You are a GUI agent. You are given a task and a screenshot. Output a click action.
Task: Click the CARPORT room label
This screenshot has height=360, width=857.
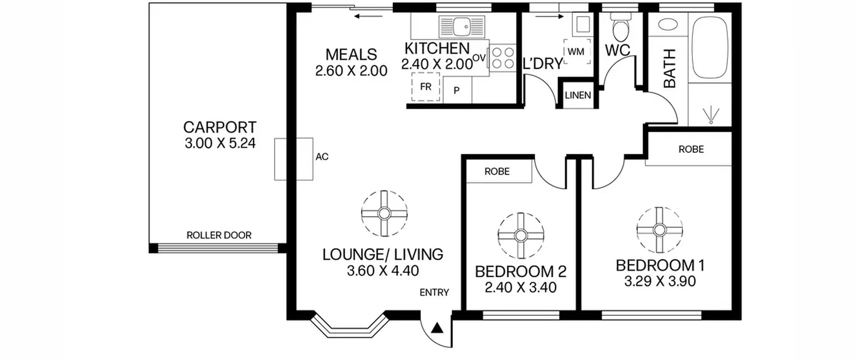(220, 127)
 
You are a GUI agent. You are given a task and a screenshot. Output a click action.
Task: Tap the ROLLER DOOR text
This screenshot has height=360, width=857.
(219, 235)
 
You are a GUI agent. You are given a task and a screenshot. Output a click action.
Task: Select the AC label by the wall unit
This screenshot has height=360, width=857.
(322, 157)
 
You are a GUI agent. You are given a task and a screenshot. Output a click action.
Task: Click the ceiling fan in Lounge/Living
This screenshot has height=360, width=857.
(384, 213)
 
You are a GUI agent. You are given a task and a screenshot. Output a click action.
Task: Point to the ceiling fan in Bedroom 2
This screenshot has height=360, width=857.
(521, 236)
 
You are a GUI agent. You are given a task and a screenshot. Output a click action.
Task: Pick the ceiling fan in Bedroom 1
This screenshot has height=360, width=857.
(659, 230)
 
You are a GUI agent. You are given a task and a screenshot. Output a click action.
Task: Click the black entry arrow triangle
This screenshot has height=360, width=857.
(437, 328)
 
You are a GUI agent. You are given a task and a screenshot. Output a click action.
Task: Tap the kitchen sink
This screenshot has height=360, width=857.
(462, 27)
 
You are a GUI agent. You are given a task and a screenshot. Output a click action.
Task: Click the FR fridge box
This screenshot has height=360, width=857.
(425, 87)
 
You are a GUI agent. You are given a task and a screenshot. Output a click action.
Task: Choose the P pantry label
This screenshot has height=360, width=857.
(456, 90)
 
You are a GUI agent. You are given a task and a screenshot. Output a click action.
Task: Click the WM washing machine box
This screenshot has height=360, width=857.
(577, 52)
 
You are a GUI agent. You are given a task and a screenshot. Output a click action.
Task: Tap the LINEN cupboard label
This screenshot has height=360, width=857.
(578, 95)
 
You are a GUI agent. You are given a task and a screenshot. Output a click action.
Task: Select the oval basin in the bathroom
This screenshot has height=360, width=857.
(668, 24)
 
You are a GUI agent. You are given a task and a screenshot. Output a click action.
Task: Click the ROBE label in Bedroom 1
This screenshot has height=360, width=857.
(691, 149)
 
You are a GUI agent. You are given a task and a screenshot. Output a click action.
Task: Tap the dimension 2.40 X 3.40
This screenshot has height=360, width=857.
(521, 287)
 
